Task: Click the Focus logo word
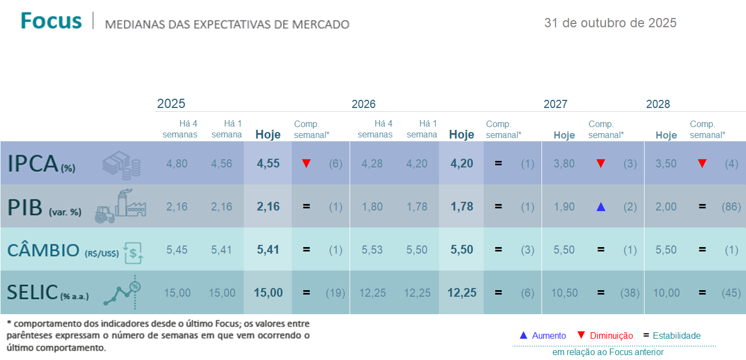point(51,21)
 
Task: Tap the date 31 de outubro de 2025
point(610,23)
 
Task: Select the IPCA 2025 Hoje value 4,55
point(268,164)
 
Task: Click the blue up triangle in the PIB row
point(601,207)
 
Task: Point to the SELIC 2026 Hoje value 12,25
point(462,293)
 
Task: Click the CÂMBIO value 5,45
point(177,250)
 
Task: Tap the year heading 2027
point(555,104)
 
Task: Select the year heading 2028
point(658,104)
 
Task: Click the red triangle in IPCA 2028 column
point(702,164)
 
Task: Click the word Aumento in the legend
point(549,336)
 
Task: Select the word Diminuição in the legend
point(611,336)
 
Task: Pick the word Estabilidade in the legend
point(677,336)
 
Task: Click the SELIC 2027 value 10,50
point(564,293)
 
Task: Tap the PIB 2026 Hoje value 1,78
point(462,207)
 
